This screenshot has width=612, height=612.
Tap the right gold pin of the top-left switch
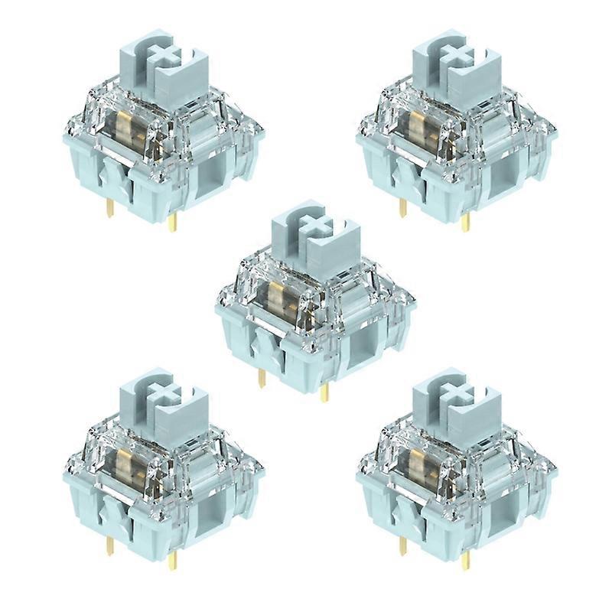[x=173, y=221]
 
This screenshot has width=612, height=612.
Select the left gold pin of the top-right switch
[x=402, y=209]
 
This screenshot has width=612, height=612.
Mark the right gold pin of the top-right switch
[x=466, y=221]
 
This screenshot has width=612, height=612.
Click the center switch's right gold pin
[x=324, y=392]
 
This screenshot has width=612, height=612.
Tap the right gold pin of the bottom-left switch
[x=173, y=558]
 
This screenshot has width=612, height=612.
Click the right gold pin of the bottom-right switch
[x=466, y=558]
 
